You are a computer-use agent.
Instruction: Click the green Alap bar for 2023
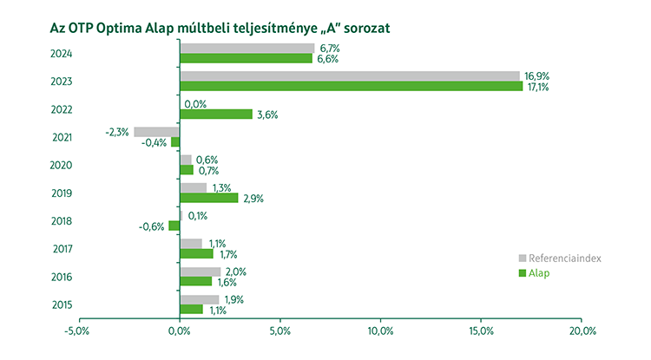pos(351,87)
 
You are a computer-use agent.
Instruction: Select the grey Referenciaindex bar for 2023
pos(349,76)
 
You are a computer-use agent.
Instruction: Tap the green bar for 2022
pos(215,115)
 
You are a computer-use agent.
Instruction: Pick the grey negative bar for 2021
pos(156,132)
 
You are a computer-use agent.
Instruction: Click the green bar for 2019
pos(208,198)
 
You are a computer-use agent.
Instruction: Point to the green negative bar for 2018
pos(174,226)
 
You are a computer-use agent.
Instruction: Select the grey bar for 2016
pos(200,272)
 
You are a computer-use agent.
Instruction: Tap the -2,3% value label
pos(116,132)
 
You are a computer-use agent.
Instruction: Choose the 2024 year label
pos(61,54)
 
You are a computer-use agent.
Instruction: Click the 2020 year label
pos(61,165)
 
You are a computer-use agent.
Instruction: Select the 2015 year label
pos(61,304)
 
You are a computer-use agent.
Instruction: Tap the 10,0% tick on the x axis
pos(381,331)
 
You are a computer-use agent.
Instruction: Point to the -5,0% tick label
pos(77,331)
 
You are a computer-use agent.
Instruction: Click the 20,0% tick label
pos(582,331)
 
